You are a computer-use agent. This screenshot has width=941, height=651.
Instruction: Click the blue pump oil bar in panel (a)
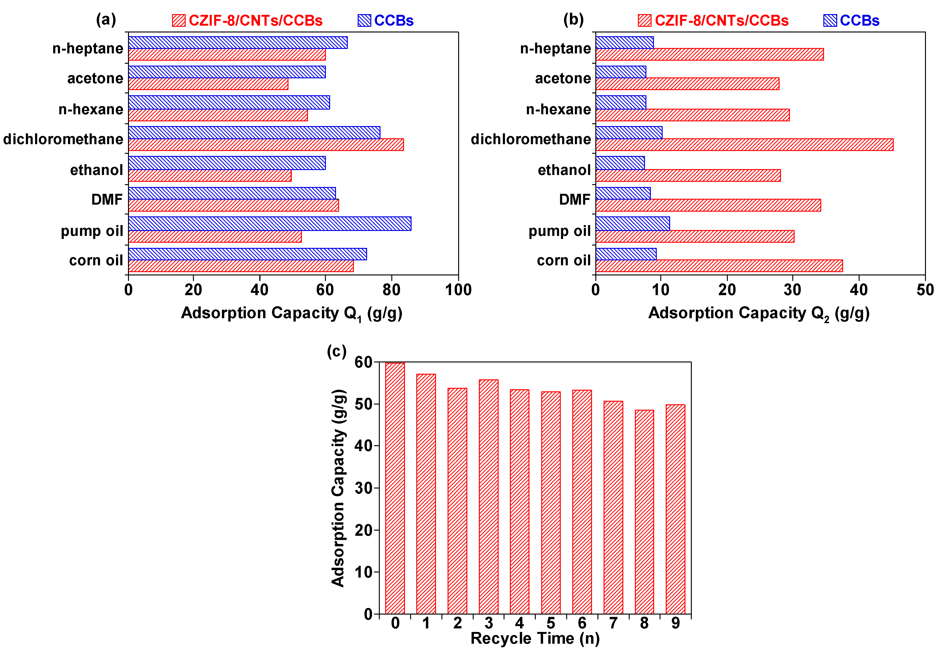point(269,223)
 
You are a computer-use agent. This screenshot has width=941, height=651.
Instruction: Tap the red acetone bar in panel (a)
point(208,84)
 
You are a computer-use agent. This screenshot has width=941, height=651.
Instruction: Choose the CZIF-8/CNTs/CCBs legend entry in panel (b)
point(713,20)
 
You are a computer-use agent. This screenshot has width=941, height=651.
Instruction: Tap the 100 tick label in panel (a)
point(458,290)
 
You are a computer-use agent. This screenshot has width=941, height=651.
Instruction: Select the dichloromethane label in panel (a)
point(63,139)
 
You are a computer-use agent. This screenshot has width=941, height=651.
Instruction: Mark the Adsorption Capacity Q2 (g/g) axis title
point(759,313)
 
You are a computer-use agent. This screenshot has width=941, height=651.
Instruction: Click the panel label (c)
point(337,351)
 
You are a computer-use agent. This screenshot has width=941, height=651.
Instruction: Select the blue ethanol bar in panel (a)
point(227,163)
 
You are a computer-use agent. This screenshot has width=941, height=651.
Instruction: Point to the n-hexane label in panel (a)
point(91,109)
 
